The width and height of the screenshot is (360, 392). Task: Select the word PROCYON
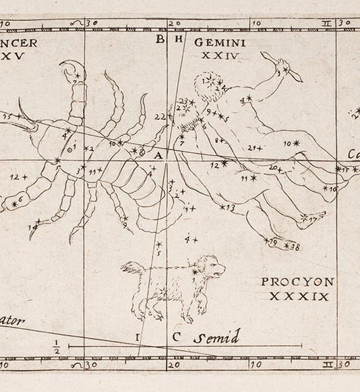[x=295, y=283]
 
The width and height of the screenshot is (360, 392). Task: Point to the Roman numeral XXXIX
[x=297, y=296]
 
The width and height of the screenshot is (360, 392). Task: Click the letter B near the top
[x=160, y=39]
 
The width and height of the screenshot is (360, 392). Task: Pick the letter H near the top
[x=179, y=39]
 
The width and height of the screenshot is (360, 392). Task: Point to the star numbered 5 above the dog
[x=160, y=245]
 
